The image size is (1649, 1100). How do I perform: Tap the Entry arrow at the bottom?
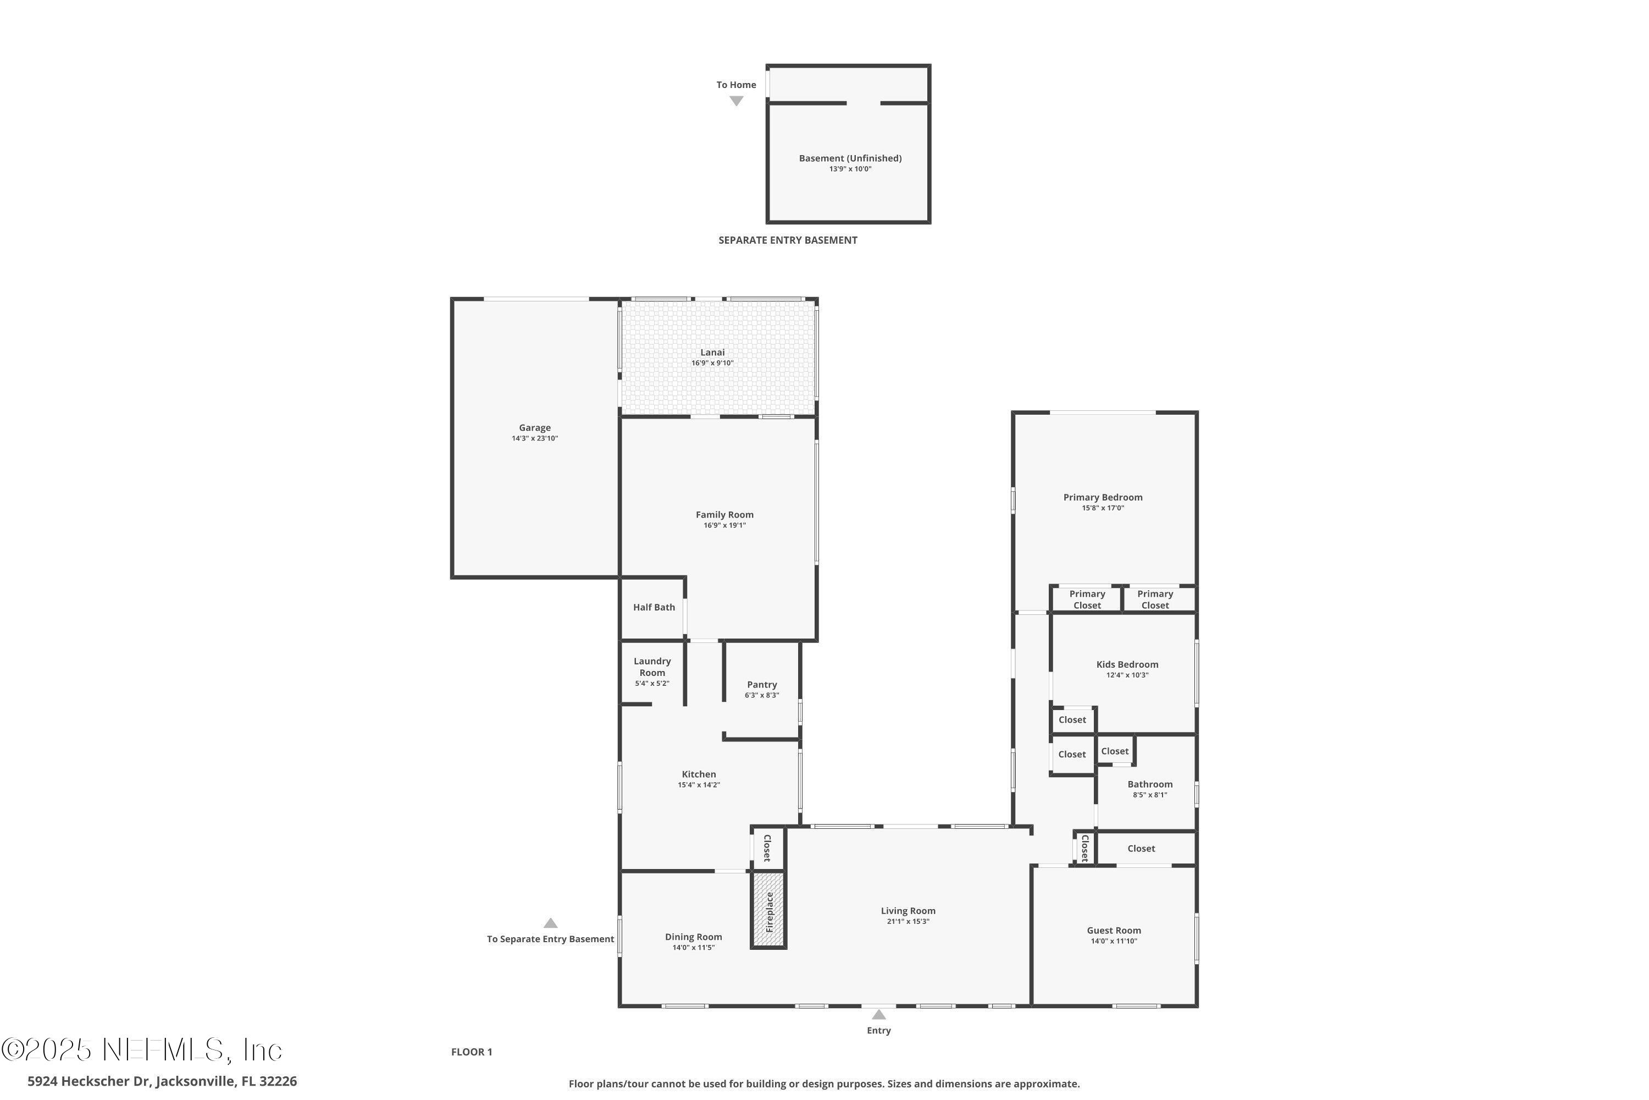[x=878, y=1014]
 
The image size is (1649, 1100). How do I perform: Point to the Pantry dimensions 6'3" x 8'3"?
[x=761, y=695]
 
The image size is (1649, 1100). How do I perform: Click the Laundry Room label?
[x=652, y=667]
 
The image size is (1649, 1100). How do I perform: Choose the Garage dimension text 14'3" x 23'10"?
[x=534, y=438]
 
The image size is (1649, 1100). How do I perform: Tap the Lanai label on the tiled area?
[x=712, y=352]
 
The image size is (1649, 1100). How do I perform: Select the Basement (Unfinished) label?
[x=850, y=158]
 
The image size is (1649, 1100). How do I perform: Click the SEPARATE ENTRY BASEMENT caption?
[x=787, y=240]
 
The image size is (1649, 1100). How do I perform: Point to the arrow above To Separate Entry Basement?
[x=550, y=923]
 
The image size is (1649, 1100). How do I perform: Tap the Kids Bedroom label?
[x=1127, y=664]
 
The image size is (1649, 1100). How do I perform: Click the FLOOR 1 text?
[x=471, y=1052]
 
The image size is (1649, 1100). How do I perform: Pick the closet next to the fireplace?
[x=767, y=848]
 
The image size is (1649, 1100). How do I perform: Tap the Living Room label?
[x=908, y=911]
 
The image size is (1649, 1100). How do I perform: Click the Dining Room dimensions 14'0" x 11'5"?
[x=693, y=948]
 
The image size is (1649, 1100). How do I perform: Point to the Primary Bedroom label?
[x=1102, y=497]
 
